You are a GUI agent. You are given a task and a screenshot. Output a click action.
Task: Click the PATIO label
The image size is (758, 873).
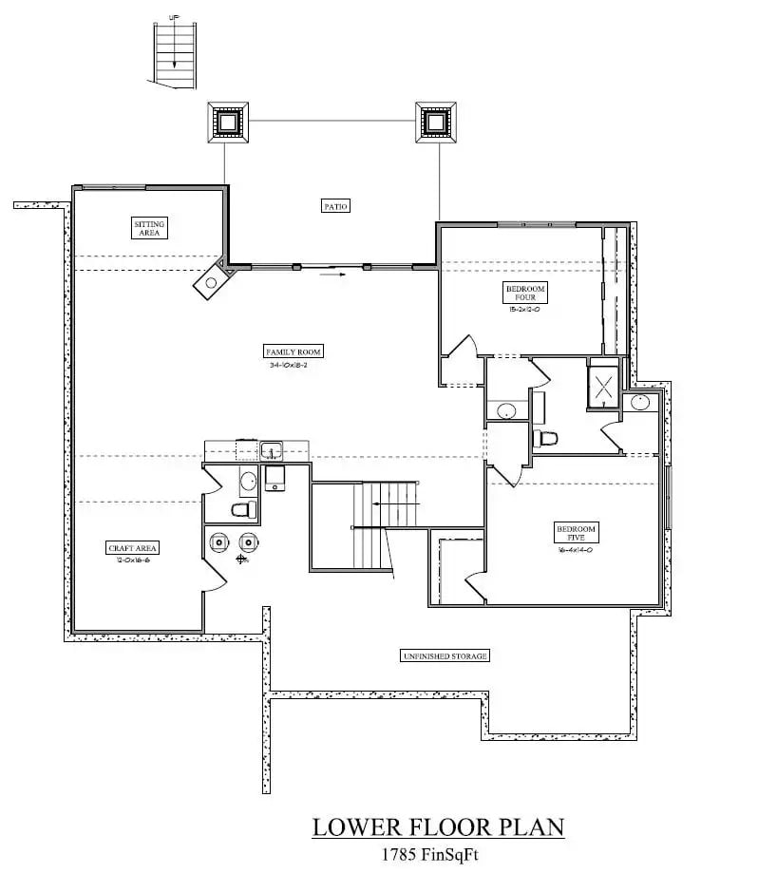(x=335, y=205)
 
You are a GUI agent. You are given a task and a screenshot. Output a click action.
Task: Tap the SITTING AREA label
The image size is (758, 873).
(x=149, y=228)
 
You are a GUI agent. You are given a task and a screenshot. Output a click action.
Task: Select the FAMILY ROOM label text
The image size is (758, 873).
(x=295, y=351)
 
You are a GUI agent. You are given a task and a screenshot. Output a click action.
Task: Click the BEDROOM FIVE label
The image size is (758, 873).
(x=576, y=533)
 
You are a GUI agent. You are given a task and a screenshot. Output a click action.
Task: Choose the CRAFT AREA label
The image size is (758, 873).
(x=133, y=548)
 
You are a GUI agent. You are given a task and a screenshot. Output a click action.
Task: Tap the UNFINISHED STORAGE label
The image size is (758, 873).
(x=445, y=655)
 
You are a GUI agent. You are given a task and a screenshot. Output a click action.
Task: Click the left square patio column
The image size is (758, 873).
(x=228, y=122)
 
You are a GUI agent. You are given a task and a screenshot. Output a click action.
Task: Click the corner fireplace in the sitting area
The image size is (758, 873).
(x=214, y=280)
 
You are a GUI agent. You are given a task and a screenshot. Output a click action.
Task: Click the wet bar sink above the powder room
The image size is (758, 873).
(x=272, y=450)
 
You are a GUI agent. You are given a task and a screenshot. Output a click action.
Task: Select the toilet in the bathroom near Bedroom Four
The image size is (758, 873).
(x=546, y=439)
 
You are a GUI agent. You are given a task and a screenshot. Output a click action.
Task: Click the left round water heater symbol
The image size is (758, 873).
(x=219, y=541)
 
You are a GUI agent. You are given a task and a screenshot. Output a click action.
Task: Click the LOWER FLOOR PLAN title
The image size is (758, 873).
(x=438, y=826)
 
